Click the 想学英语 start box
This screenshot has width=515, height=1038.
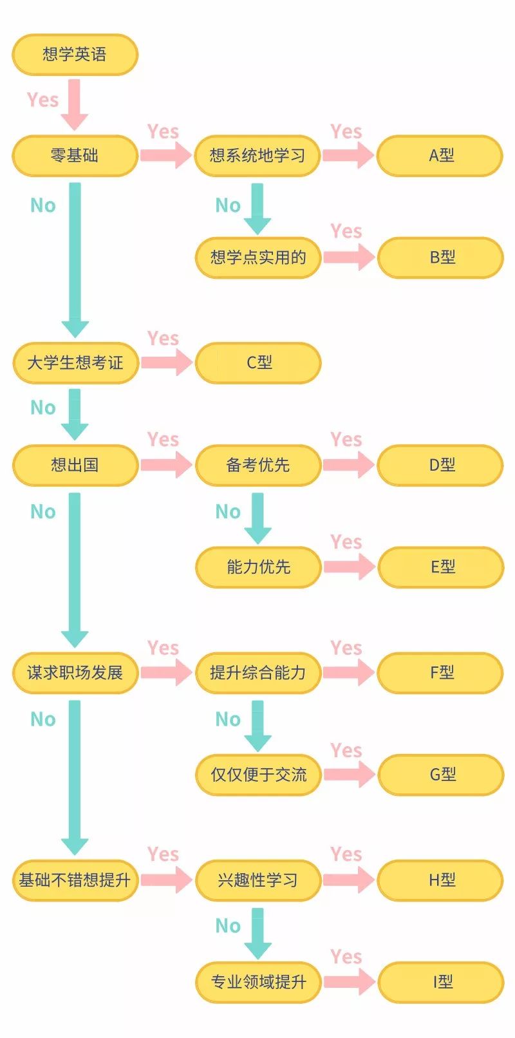click(x=75, y=54)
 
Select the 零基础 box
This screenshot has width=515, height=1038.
click(x=75, y=155)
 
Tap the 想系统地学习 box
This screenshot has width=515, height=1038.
click(x=257, y=155)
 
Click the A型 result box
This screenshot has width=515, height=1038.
click(x=440, y=155)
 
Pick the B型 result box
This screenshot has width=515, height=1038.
click(x=440, y=258)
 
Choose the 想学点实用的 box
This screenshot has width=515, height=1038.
click(x=257, y=258)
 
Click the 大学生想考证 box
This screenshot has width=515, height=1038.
click(x=75, y=363)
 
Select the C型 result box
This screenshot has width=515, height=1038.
click(x=257, y=363)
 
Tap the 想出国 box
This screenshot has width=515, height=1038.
click(x=75, y=465)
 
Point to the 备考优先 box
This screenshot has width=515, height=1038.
click(x=257, y=465)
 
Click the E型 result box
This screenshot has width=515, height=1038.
click(x=440, y=567)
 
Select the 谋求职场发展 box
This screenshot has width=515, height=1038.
click(x=75, y=672)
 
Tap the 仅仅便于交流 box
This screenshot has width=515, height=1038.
click(x=257, y=774)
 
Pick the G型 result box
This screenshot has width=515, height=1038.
click(x=440, y=774)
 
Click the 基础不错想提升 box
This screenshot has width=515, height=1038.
click(x=75, y=880)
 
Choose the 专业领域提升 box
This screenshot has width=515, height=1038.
click(x=257, y=982)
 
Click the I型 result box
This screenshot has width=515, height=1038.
click(x=440, y=982)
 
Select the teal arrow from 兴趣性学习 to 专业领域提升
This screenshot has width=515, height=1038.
click(x=257, y=932)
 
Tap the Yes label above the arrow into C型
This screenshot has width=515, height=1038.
click(x=162, y=338)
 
